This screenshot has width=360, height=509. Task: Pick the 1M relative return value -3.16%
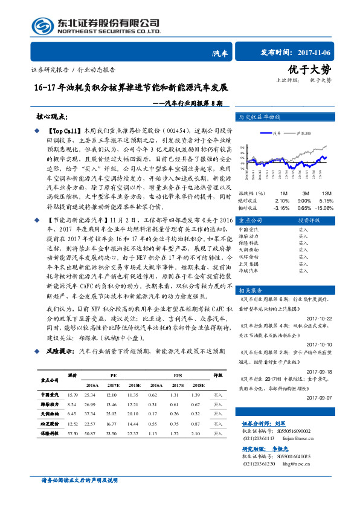point(282,207)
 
